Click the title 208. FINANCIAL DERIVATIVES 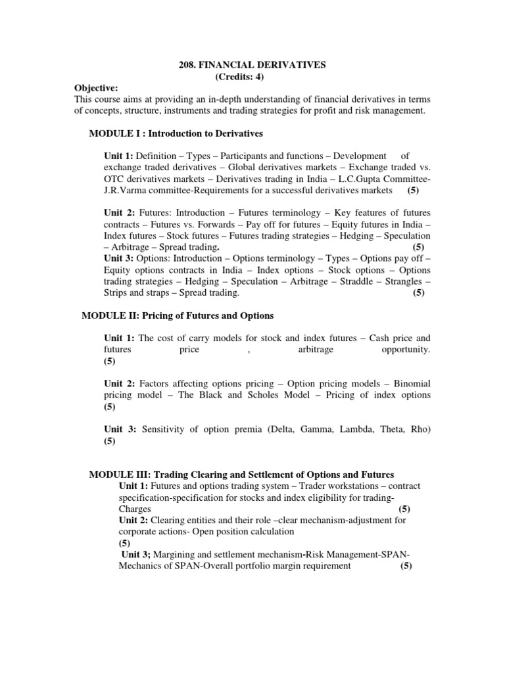pyautogui.click(x=253, y=66)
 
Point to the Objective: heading pyautogui.click(x=95, y=88)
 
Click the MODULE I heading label pyautogui.click(x=116, y=133)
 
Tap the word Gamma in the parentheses pyautogui.click(x=313, y=429)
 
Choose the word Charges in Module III pyautogui.click(x=135, y=509)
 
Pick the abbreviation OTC pyautogui.click(x=114, y=179)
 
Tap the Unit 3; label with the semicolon pyautogui.click(x=135, y=555)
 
